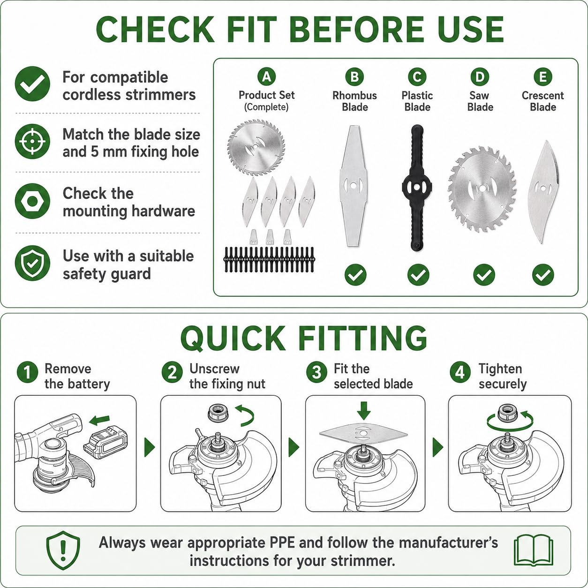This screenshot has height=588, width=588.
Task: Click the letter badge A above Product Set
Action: tap(266, 76)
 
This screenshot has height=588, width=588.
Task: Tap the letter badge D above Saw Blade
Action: tap(480, 77)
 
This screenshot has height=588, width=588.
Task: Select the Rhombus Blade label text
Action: tap(354, 101)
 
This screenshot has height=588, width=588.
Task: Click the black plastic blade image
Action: tap(417, 188)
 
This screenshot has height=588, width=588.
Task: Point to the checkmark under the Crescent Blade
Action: tap(543, 275)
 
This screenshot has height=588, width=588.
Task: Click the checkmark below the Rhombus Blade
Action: tap(355, 275)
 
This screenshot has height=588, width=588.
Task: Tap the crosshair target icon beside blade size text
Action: tap(32, 141)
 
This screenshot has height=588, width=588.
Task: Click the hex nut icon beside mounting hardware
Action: tap(32, 201)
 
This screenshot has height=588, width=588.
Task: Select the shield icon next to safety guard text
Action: tap(32, 263)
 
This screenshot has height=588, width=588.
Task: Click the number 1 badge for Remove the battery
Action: tap(28, 372)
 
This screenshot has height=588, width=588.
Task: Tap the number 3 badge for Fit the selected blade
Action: tap(317, 372)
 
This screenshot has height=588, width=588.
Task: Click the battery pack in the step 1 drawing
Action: tap(106, 443)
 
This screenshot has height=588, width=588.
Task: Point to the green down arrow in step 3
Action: tap(364, 411)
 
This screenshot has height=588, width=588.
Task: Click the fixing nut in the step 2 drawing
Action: tap(218, 414)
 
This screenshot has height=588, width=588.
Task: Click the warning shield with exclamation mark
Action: tap(63, 550)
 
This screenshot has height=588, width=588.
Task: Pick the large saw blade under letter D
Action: tap(482, 189)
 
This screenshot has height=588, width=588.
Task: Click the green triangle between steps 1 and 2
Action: tap(149, 447)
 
